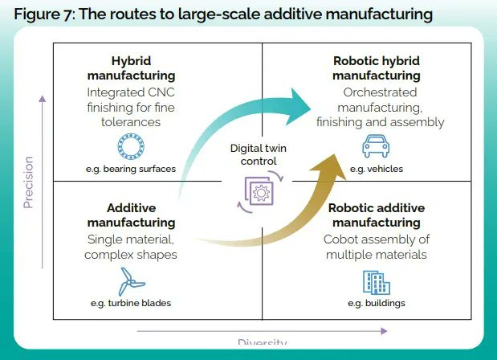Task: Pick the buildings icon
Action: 376,281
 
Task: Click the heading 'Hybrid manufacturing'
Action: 131,68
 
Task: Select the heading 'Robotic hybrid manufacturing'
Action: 377,68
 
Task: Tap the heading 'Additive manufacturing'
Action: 130,214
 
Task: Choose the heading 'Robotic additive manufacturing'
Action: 376,214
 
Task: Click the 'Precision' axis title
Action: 29,182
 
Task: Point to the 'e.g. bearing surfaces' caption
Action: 131,170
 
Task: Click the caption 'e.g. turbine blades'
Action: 131,303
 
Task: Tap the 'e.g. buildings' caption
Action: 376,303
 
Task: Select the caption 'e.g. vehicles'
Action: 377,170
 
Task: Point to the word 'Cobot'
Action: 343,239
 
